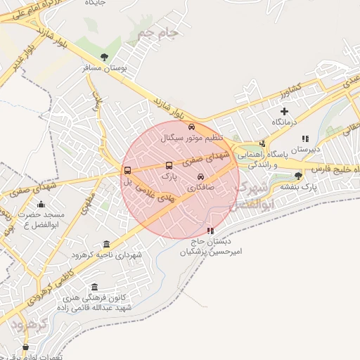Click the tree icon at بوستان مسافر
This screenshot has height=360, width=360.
[x=105, y=57]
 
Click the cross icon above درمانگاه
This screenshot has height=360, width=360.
[x=284, y=111]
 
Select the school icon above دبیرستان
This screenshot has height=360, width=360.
[x=304, y=139]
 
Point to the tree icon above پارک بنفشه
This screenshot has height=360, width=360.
[x=299, y=176]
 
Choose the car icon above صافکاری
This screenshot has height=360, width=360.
[x=202, y=176]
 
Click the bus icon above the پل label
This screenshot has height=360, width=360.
[x=127, y=170]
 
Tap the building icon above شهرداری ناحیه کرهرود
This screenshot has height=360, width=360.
[x=106, y=244]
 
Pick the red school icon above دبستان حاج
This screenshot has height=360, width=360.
[x=210, y=231]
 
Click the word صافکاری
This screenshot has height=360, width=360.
[x=201, y=188]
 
